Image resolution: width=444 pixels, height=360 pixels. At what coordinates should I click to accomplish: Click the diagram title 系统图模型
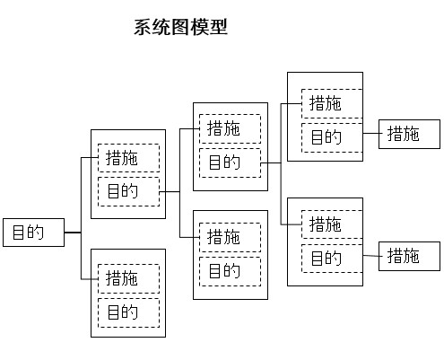point(180,27)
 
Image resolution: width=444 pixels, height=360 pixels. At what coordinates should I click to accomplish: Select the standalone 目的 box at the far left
point(34,233)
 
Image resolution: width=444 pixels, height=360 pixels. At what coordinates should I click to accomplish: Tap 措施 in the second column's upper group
point(128,158)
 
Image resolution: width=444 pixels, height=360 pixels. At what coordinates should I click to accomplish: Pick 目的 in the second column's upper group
point(128,191)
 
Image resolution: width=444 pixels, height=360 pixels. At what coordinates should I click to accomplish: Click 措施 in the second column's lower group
point(128,278)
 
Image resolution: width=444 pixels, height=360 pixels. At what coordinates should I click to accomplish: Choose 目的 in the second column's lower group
point(128,312)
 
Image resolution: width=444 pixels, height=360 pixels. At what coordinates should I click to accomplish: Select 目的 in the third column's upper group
point(230,162)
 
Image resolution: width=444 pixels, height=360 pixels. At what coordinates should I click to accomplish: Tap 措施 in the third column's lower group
point(230,237)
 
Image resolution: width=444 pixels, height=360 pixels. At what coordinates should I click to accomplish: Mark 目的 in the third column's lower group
point(230,270)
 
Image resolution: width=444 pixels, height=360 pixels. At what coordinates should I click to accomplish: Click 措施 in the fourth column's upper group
point(332,103)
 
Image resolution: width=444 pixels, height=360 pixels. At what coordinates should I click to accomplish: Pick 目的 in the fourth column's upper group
point(332,136)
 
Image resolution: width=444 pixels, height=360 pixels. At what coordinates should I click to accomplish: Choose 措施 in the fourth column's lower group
point(332,224)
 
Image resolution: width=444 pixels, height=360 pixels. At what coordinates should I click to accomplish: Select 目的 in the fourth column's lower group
point(332,259)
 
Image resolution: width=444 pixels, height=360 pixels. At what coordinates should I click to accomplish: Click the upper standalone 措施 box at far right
point(409,135)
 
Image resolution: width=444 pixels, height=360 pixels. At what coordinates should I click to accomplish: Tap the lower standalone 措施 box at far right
point(409,257)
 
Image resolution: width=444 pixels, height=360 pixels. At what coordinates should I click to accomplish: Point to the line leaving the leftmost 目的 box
point(73,233)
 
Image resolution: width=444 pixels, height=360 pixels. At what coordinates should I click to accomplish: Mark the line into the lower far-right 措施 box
point(370,257)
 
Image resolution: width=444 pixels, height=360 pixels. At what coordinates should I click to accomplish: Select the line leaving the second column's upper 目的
point(170,191)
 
